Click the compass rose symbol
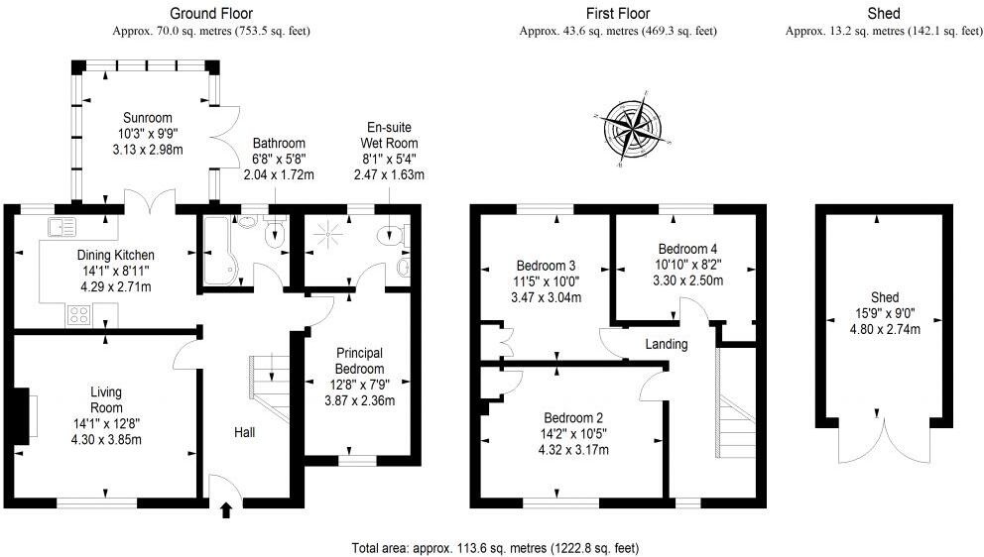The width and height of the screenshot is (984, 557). [x=632, y=129]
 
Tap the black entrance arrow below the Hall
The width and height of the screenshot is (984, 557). [x=225, y=510]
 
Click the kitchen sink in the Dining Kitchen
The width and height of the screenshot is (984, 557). [x=61, y=226]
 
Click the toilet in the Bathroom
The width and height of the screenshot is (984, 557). [x=277, y=232]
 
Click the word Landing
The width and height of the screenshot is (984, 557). [x=666, y=344]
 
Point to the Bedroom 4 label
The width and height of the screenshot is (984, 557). [x=687, y=248]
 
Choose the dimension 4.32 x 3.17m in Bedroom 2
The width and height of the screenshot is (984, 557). [x=572, y=450]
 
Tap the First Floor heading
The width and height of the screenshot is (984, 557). [x=617, y=14]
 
